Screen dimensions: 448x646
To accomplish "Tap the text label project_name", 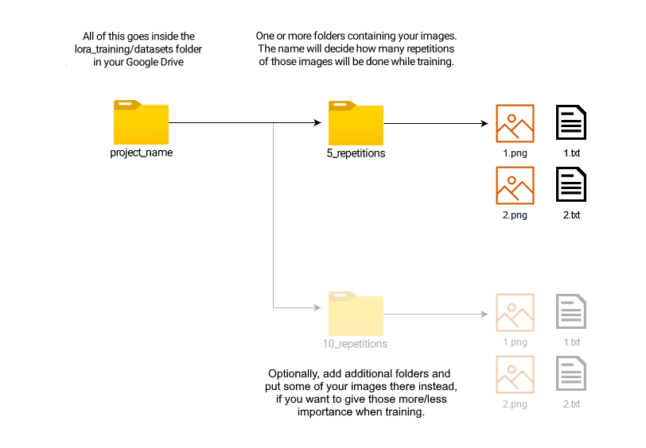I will [141, 152].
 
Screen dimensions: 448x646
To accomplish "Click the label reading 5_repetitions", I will [356, 153].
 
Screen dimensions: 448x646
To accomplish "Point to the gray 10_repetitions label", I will [355, 344].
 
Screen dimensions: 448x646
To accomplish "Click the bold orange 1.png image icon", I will [515, 123].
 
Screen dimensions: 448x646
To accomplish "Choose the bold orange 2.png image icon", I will [515, 185].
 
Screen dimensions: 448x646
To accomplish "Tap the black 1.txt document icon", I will [571, 123].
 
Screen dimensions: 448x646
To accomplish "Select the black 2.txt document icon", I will [571, 185].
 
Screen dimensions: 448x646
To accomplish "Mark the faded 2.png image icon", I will [515, 374].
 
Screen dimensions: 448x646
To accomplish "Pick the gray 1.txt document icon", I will [571, 312].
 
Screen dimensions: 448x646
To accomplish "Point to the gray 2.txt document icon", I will [571, 374].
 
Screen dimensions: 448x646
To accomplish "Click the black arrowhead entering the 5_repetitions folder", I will [317, 123].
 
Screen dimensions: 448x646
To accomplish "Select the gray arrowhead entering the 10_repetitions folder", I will [317, 307].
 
